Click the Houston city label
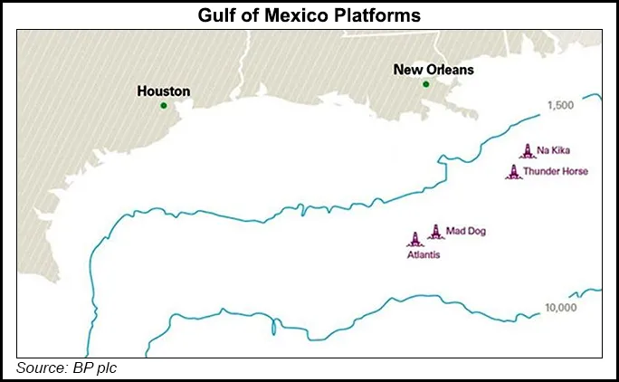click(x=163, y=91)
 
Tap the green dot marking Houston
click(x=164, y=106)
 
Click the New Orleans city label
click(x=433, y=69)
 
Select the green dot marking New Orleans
click(x=425, y=84)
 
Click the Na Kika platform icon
click(x=526, y=151)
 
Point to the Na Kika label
click(x=554, y=153)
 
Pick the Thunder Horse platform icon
click(x=513, y=171)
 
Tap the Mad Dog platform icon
click(x=434, y=231)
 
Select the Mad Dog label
click(x=466, y=231)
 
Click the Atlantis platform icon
click(x=415, y=239)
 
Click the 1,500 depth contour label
click(x=561, y=106)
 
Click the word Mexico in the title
click(x=298, y=15)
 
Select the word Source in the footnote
click(x=40, y=368)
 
